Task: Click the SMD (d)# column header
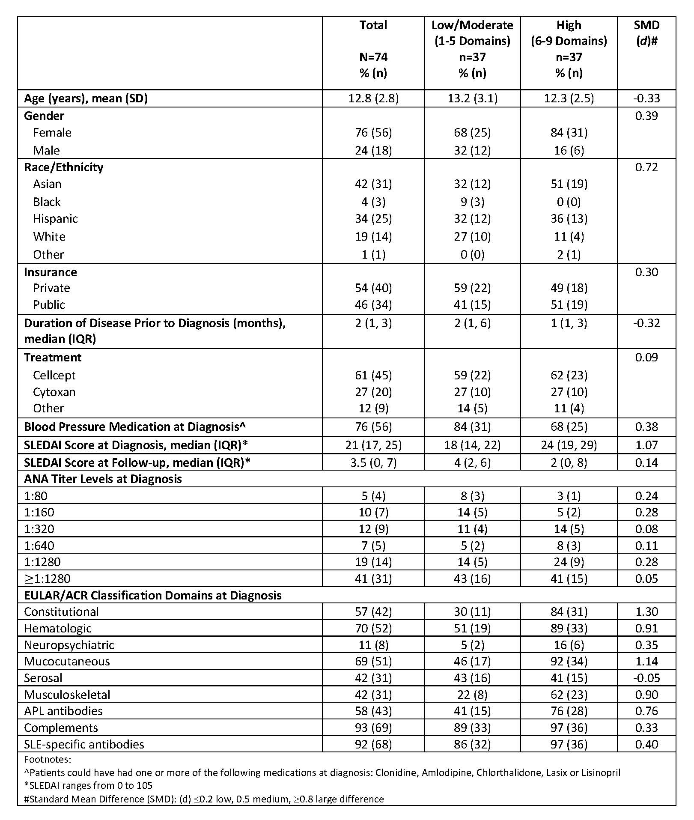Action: pyautogui.click(x=646, y=33)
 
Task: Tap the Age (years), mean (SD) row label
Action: pyautogui.click(x=86, y=98)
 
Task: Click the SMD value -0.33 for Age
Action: pyautogui.click(x=646, y=98)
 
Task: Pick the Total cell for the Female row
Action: pyautogui.click(x=373, y=133)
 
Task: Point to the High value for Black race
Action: pyautogui.click(x=569, y=202)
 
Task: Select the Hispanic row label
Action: pyautogui.click(x=56, y=219)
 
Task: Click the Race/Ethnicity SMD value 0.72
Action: pyautogui.click(x=646, y=167)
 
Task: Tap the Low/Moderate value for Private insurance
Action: pyautogui.click(x=472, y=288)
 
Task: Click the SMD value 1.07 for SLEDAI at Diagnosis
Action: pyautogui.click(x=646, y=445)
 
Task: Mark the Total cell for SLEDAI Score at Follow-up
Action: pyautogui.click(x=373, y=463)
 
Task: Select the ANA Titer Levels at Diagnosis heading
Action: pyautogui.click(x=103, y=479)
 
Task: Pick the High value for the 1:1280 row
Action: pyautogui.click(x=569, y=562)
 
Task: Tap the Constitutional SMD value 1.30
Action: pyautogui.click(x=646, y=612)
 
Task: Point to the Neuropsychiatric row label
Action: pyautogui.click(x=69, y=645)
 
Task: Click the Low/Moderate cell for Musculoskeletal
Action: pyautogui.click(x=472, y=695)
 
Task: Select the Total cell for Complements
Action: pyautogui.click(x=373, y=728)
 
